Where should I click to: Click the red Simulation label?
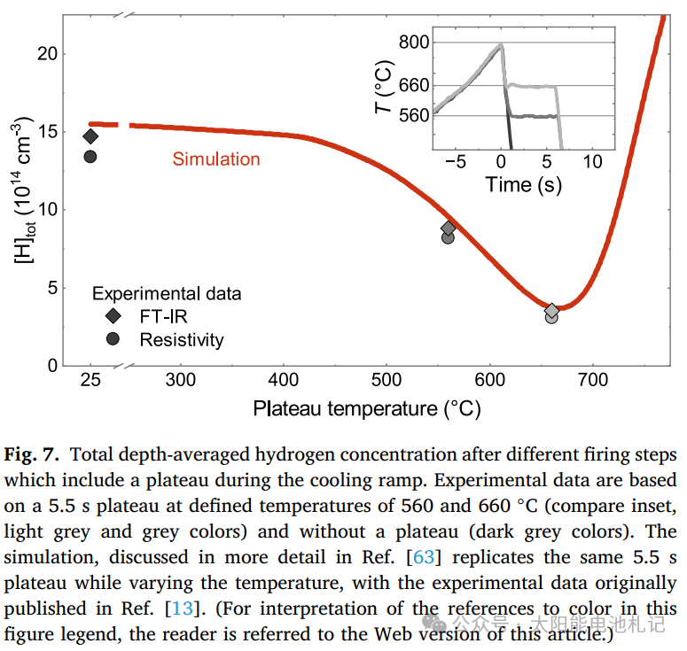tap(216, 159)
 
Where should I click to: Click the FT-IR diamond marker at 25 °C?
tap(90, 136)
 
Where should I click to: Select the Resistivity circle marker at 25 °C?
tap(90, 157)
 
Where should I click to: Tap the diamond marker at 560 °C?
tap(449, 228)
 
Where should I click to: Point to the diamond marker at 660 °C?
tap(552, 310)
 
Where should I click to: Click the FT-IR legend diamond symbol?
tap(113, 316)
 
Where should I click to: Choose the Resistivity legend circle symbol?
tap(113, 339)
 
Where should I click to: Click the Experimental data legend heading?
tap(167, 294)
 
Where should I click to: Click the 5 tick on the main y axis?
tap(53, 288)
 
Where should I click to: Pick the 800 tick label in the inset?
tap(413, 43)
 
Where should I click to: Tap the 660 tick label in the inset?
tap(413, 86)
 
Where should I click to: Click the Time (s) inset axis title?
tap(523, 185)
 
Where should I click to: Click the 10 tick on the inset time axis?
tap(592, 162)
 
